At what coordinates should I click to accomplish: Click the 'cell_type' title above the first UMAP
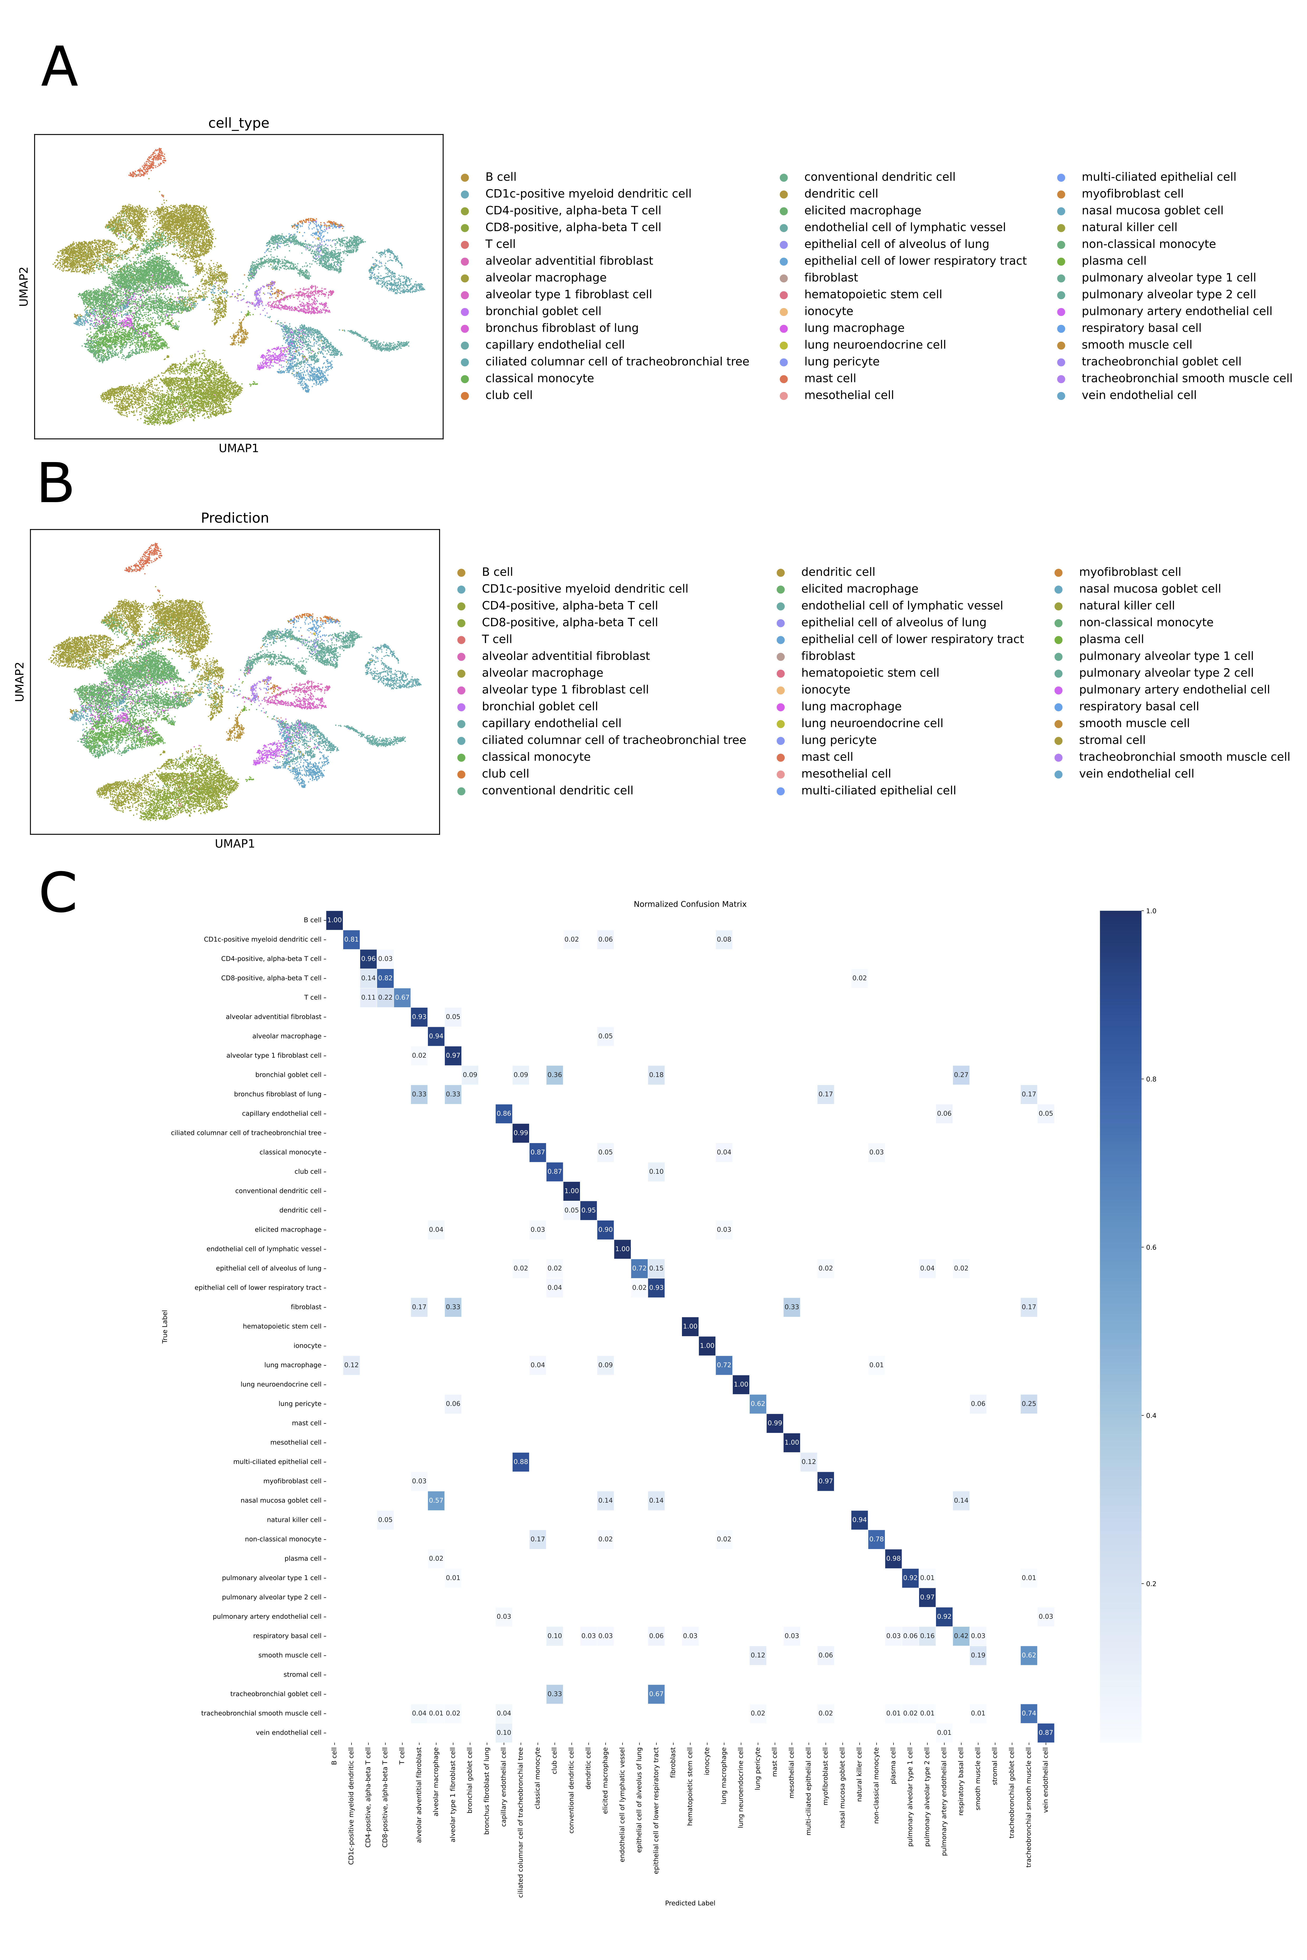point(238,123)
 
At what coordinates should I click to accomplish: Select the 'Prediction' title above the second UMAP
point(235,518)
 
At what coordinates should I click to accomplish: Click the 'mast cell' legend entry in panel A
point(829,378)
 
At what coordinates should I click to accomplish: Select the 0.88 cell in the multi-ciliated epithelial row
point(520,1462)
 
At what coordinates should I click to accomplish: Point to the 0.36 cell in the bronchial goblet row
point(554,1075)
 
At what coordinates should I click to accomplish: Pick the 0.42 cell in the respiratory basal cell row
point(961,1636)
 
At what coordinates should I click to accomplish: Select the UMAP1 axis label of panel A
point(238,448)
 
